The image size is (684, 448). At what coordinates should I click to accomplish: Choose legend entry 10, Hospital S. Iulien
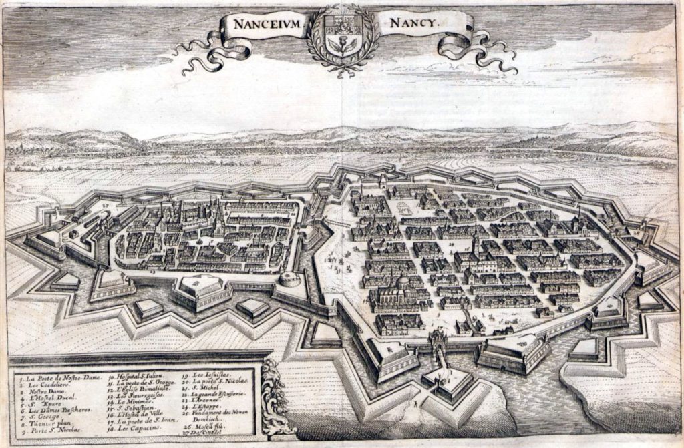coord(136,378)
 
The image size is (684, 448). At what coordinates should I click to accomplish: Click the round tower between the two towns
coord(289,279)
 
